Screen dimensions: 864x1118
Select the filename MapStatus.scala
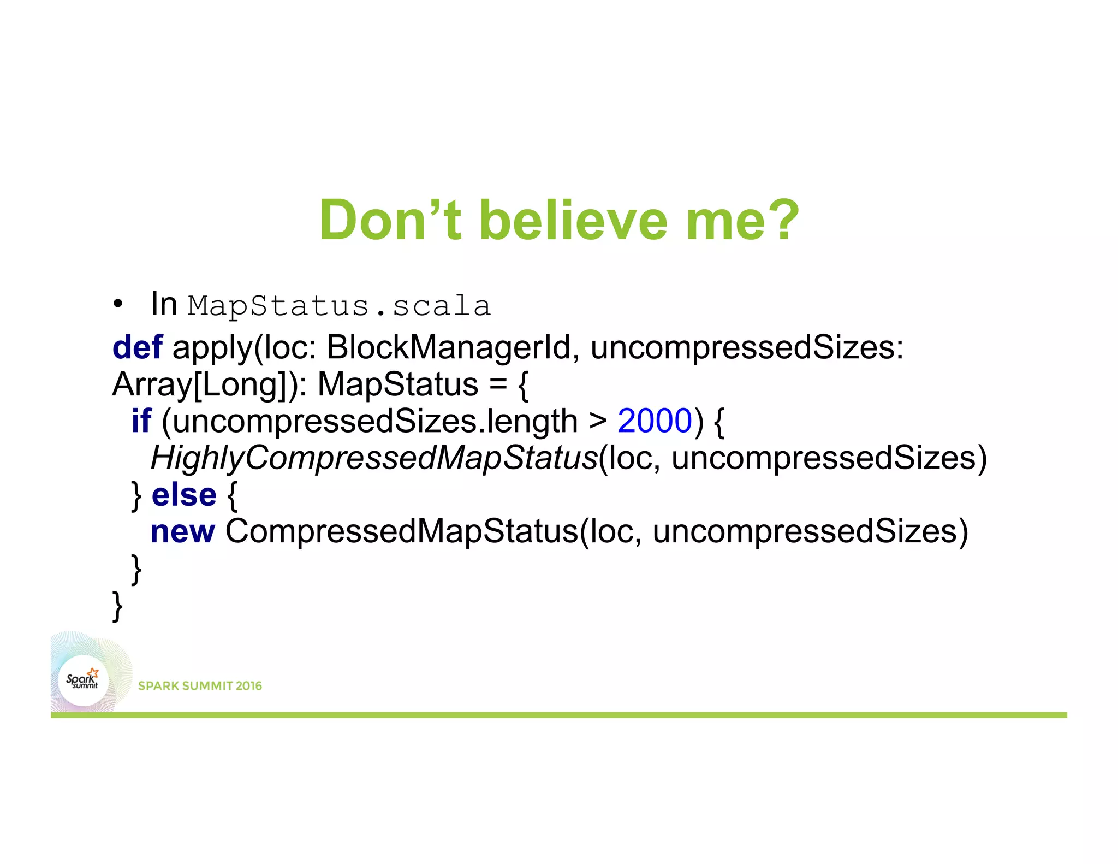tap(339, 306)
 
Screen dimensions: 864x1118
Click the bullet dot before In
tap(117, 305)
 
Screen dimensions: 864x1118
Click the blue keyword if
tap(141, 421)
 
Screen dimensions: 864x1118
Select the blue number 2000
tap(655, 421)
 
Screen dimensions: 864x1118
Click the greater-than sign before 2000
tap(598, 422)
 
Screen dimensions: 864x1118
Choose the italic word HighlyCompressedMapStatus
tap(374, 458)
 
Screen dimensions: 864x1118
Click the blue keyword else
tap(184, 495)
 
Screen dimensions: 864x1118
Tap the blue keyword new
tap(182, 531)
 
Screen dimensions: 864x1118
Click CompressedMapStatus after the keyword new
tap(401, 531)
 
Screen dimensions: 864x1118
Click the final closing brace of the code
tap(117, 606)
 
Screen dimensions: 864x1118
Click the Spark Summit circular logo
tap(83, 680)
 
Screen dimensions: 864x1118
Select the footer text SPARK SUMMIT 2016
tap(200, 686)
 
